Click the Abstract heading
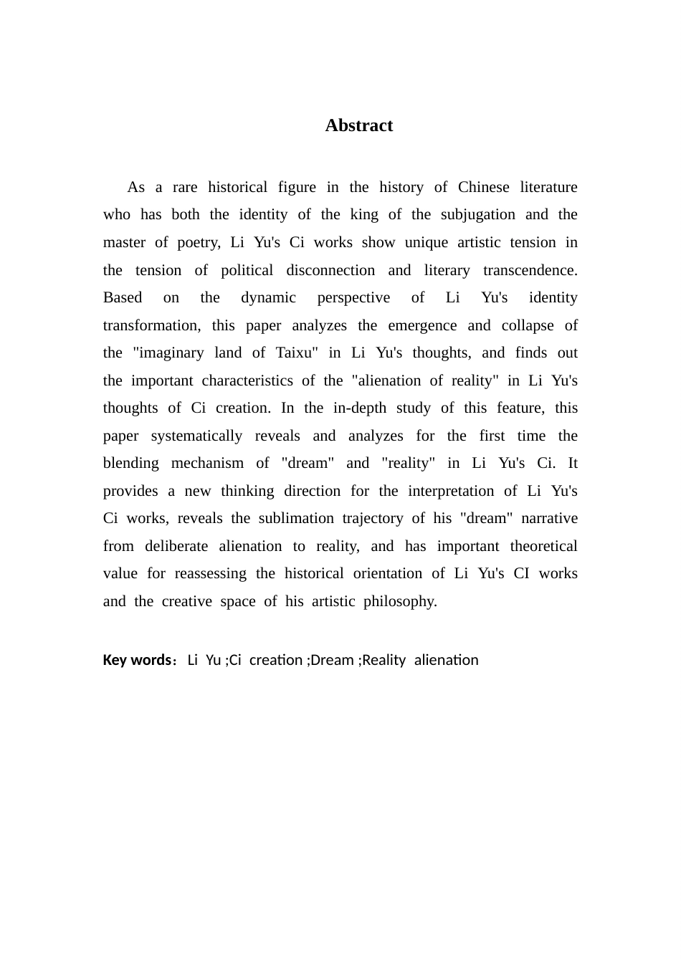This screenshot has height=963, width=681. click(358, 125)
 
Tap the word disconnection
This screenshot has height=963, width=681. click(330, 270)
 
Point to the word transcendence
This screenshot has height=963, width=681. click(530, 270)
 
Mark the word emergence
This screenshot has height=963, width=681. click(422, 326)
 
